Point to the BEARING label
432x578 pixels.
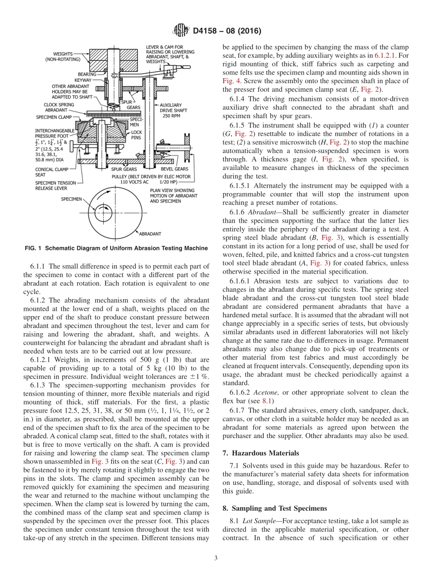[x=87, y=74]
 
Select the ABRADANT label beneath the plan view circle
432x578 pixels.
[x=150, y=234]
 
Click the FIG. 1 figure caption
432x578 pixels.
[x=116, y=248]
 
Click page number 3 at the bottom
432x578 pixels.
[x=216, y=558]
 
